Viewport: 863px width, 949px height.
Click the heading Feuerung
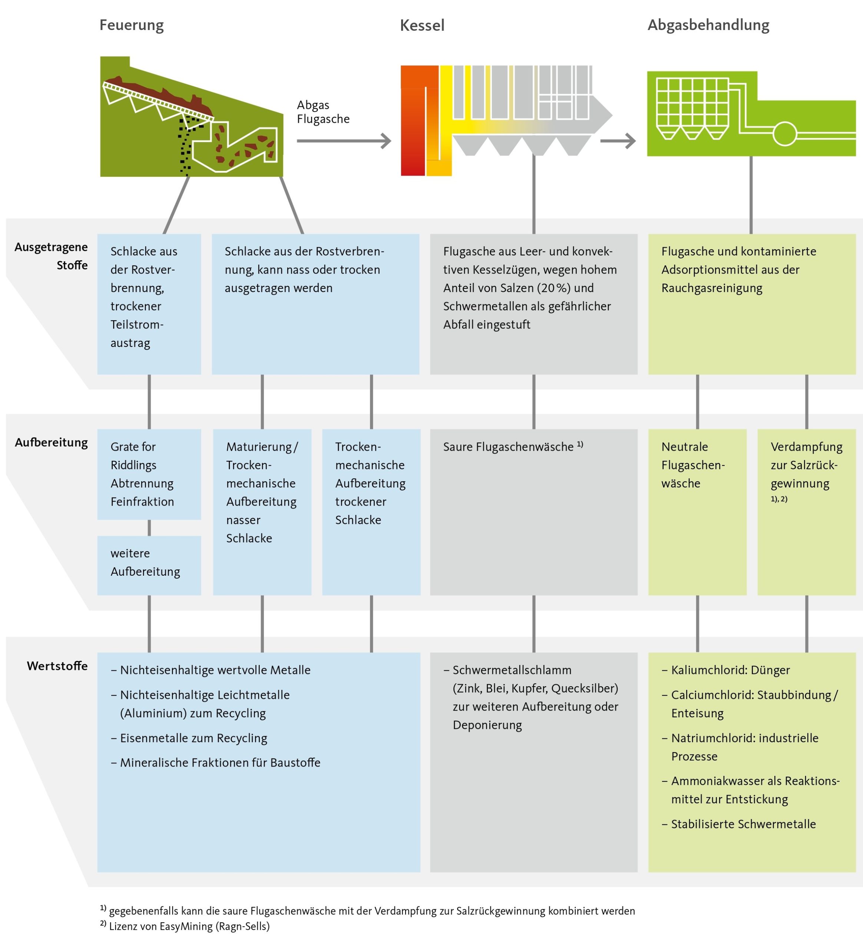pyautogui.click(x=131, y=25)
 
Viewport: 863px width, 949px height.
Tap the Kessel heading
pyautogui.click(x=421, y=26)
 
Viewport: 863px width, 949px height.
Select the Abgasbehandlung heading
pyautogui.click(x=708, y=25)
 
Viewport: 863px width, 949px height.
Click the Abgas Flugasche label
pyautogui.click(x=323, y=112)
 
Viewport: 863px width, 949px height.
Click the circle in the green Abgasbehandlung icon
pyautogui.click(x=784, y=134)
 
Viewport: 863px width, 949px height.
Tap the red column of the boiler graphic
pyautogui.click(x=413, y=122)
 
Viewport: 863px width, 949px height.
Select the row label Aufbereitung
pyautogui.click(x=51, y=443)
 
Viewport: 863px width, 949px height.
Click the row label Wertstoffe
pyautogui.click(x=57, y=666)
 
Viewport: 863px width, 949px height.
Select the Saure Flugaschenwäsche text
pyautogui.click(x=509, y=446)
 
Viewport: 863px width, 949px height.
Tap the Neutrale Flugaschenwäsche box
pyautogui.click(x=697, y=511)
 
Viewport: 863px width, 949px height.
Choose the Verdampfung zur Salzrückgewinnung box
pyautogui.click(x=806, y=511)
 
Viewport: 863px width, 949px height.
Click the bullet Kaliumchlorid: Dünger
pyautogui.click(x=730, y=670)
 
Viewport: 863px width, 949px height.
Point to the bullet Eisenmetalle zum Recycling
pyautogui.click(x=194, y=738)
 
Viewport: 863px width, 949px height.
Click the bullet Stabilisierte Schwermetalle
pyautogui.click(x=743, y=824)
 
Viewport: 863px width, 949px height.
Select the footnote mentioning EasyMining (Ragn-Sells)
pyautogui.click(x=189, y=926)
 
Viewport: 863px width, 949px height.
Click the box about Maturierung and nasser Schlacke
pyautogui.click(x=262, y=511)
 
